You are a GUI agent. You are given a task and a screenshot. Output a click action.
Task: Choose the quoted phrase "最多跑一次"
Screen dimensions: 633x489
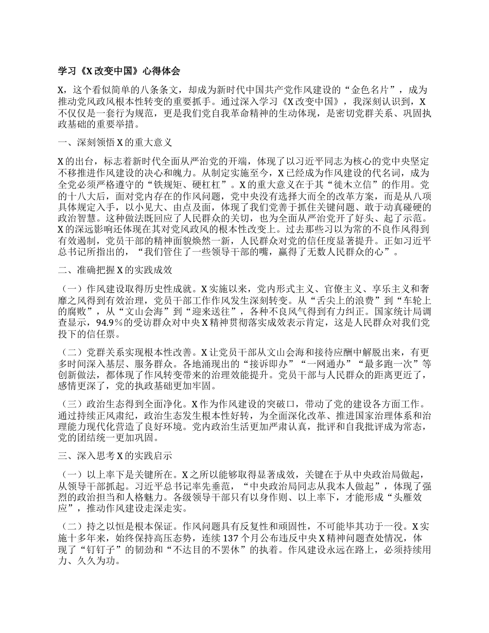coord(383,364)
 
